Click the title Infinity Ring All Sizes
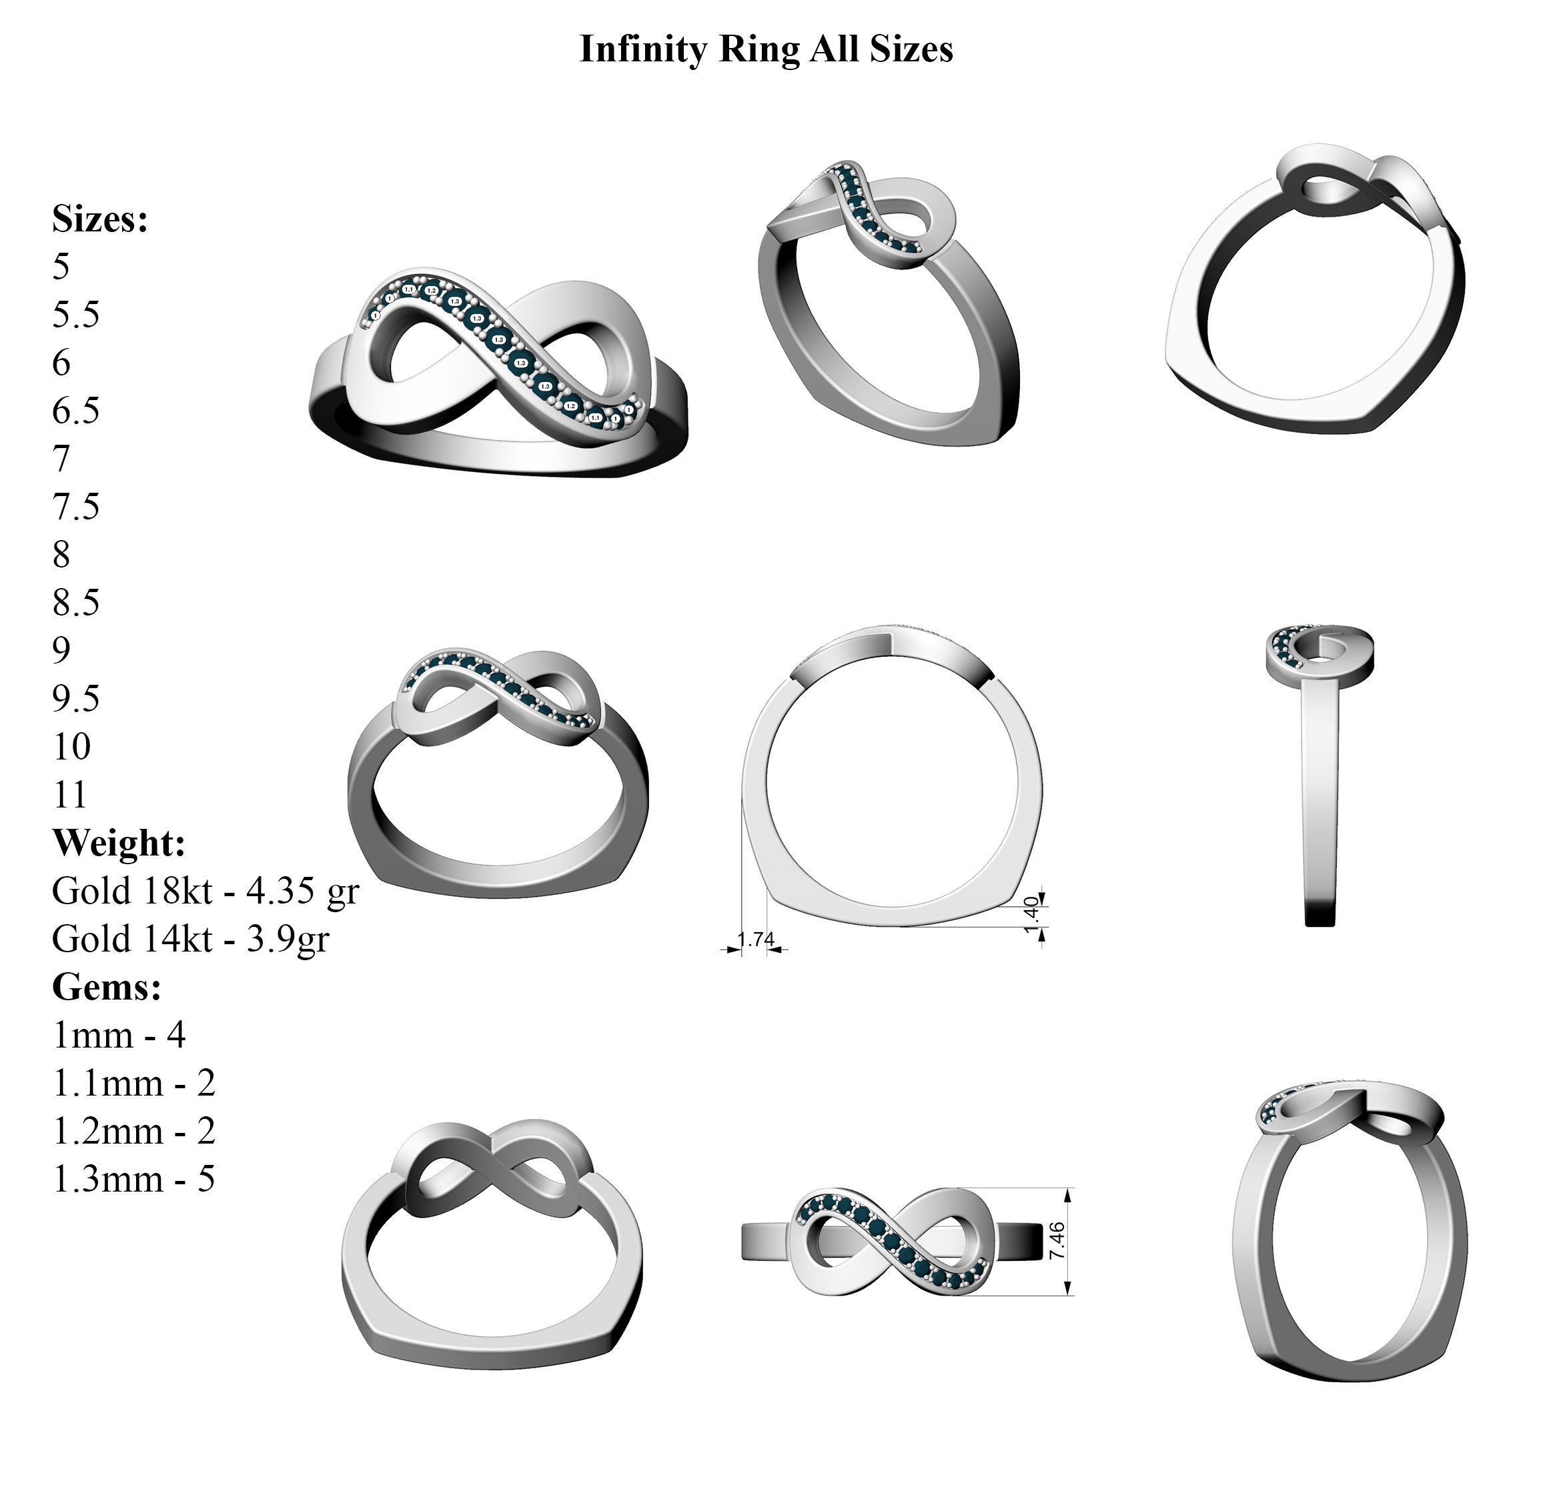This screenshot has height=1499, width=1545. [x=765, y=49]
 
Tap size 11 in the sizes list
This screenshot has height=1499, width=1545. [x=69, y=796]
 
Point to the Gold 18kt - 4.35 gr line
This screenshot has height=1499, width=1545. [x=205, y=892]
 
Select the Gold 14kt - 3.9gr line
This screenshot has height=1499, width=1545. [x=190, y=940]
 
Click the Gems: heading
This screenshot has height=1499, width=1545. [x=107, y=987]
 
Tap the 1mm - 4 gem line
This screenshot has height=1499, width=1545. [x=118, y=1036]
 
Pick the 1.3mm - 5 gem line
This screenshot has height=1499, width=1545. [x=133, y=1180]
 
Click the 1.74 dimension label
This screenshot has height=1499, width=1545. [x=754, y=940]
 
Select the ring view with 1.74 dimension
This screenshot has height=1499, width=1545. [x=891, y=780]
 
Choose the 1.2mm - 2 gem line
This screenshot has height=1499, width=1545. [x=133, y=1132]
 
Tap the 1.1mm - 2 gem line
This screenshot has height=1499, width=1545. [x=133, y=1084]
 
